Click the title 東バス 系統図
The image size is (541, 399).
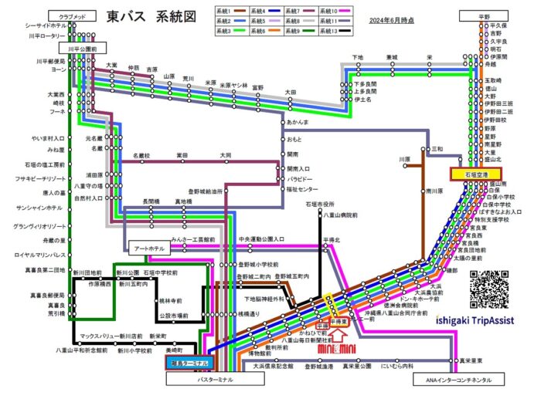click(x=151, y=16)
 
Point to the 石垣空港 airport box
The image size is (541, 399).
click(x=477, y=175)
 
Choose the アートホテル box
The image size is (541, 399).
click(x=146, y=248)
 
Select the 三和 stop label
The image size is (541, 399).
click(x=437, y=148)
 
